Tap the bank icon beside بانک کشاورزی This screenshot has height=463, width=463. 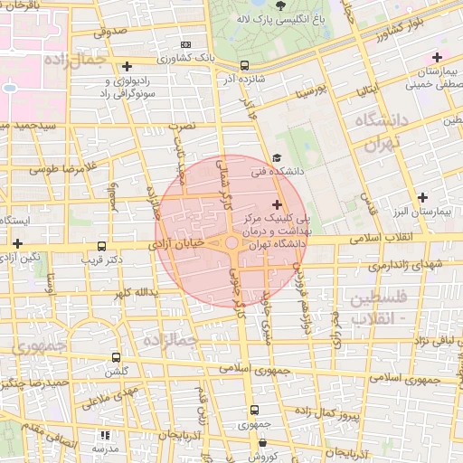[x=186, y=44]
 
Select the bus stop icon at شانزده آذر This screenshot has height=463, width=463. [x=245, y=65]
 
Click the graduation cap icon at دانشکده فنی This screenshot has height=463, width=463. [x=276, y=157]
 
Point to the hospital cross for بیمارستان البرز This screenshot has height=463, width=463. [x=422, y=197]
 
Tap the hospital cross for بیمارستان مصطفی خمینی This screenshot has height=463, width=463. [x=437, y=58]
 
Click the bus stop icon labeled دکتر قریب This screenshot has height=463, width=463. [x=100, y=245]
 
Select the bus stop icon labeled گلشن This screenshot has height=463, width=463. [x=115, y=358]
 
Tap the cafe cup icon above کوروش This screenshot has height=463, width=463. [x=262, y=443]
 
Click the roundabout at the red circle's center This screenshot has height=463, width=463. [x=232, y=242]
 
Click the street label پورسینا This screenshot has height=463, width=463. [x=305, y=92]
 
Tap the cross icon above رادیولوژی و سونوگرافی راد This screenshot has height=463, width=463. [x=127, y=67]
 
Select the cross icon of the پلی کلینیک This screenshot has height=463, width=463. [x=276, y=205]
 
